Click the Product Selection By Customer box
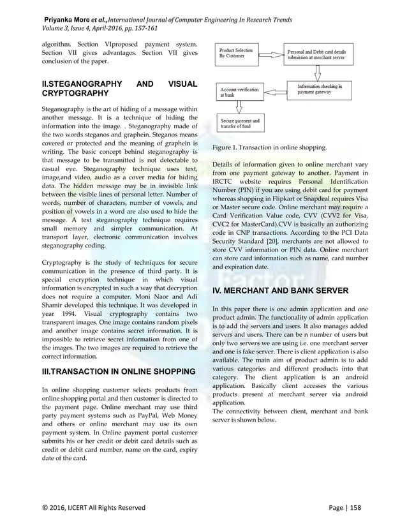238,54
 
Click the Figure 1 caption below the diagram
270,148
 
